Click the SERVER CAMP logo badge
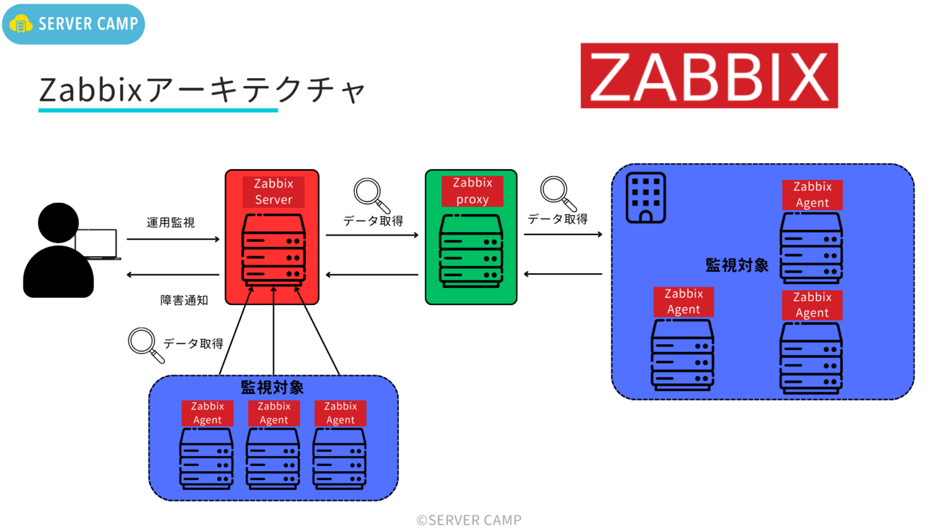tap(73, 24)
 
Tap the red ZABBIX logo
tap(709, 76)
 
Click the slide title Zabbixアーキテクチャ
tap(202, 90)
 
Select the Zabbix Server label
tap(274, 192)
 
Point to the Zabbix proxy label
tap(472, 191)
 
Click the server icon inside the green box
tap(471, 251)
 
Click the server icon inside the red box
tap(274, 250)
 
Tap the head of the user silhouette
tap(58, 222)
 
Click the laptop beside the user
tap(98, 244)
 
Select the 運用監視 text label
tap(170, 222)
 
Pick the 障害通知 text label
tap(184, 300)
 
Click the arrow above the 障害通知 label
tap(173, 275)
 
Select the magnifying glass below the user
tap(145, 345)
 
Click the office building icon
tap(645, 198)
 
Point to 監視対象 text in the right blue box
tap(736, 265)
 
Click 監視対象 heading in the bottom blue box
tap(272, 387)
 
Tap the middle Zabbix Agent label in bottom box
tap(274, 413)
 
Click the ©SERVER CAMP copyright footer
tap(469, 520)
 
